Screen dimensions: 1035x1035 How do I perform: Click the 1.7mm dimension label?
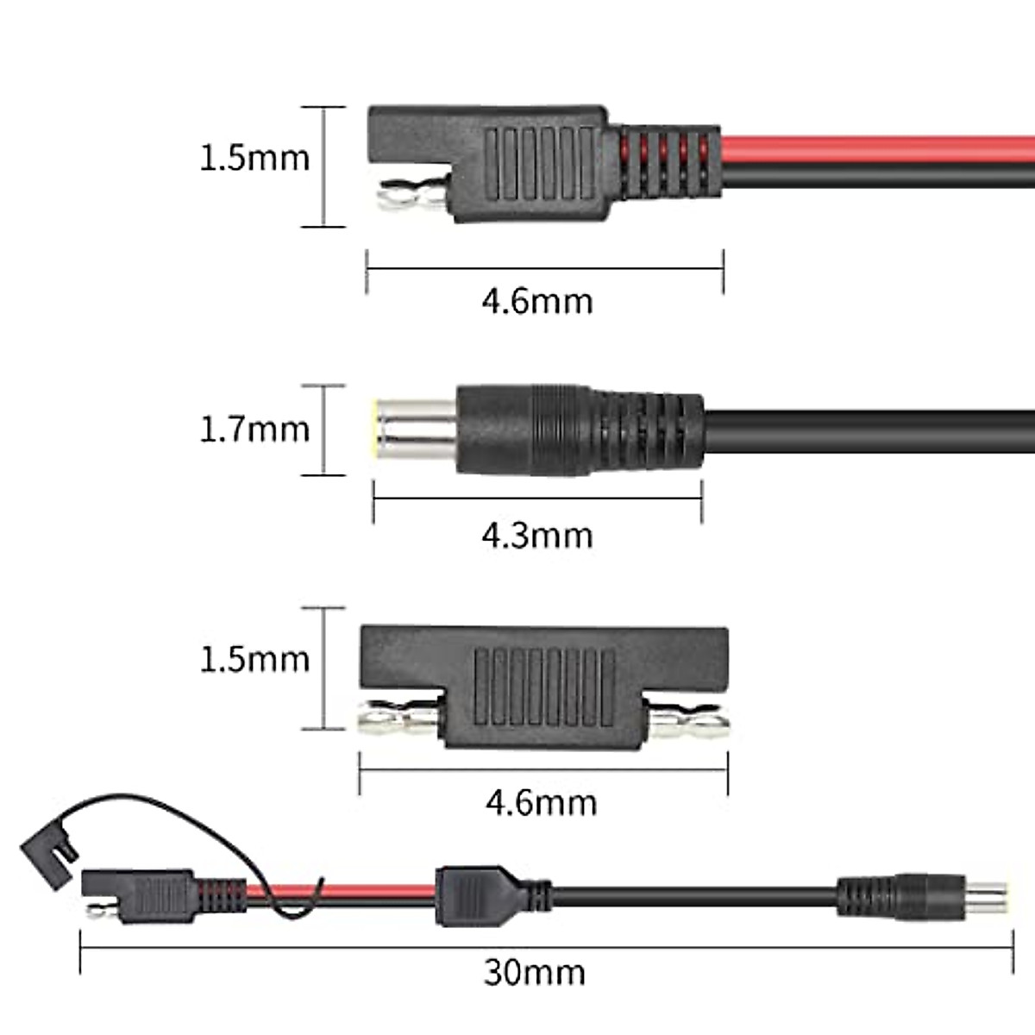[254, 430]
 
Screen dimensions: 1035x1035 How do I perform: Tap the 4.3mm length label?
[537, 536]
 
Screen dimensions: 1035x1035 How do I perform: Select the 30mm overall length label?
[535, 972]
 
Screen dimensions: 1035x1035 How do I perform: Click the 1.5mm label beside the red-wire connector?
[254, 158]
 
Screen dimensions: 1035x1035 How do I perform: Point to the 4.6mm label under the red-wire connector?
[537, 301]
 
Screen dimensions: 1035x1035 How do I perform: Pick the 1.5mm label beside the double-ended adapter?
[254, 660]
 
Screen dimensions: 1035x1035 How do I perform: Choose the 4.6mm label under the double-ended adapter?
[541, 803]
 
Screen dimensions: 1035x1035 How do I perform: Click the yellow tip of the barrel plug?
[375, 429]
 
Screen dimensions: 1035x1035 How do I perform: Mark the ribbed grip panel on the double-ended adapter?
[543, 686]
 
